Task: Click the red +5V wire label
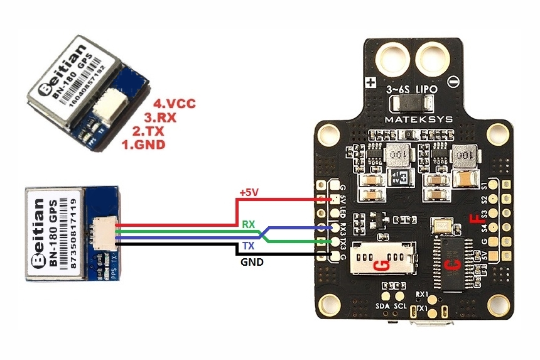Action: pyautogui.click(x=249, y=193)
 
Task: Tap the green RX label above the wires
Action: pyautogui.click(x=248, y=223)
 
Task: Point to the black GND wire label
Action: pyautogui.click(x=252, y=262)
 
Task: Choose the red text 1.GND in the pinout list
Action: pyautogui.click(x=143, y=145)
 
